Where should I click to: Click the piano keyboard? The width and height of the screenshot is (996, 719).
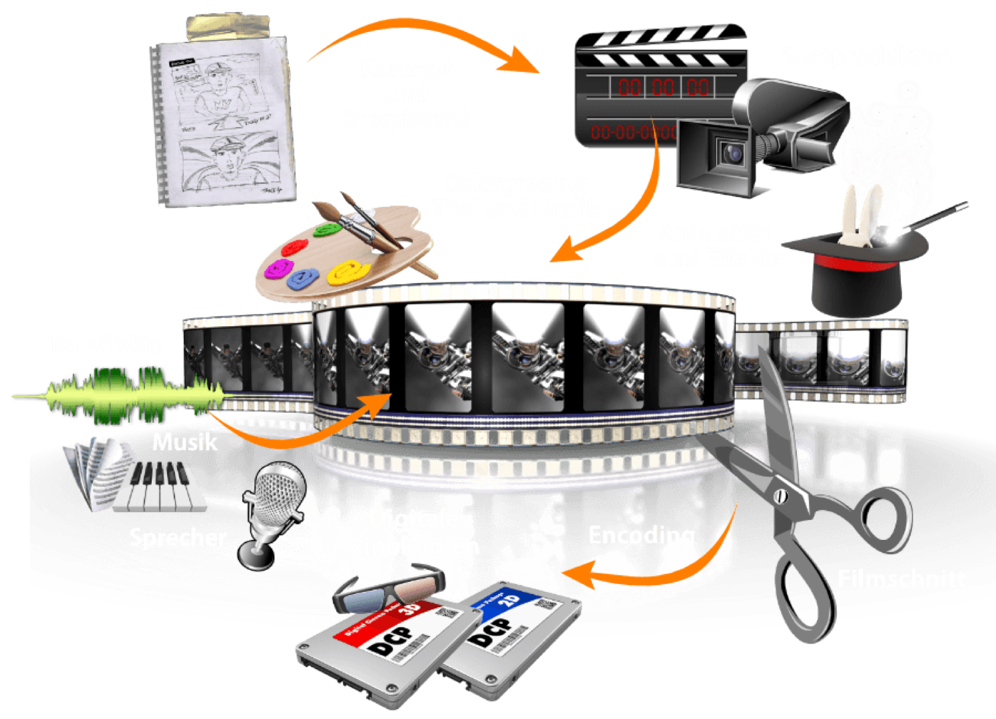click(x=160, y=486)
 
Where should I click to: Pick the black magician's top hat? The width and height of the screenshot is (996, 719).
click(x=859, y=273)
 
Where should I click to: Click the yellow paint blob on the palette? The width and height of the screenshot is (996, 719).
click(x=349, y=272)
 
